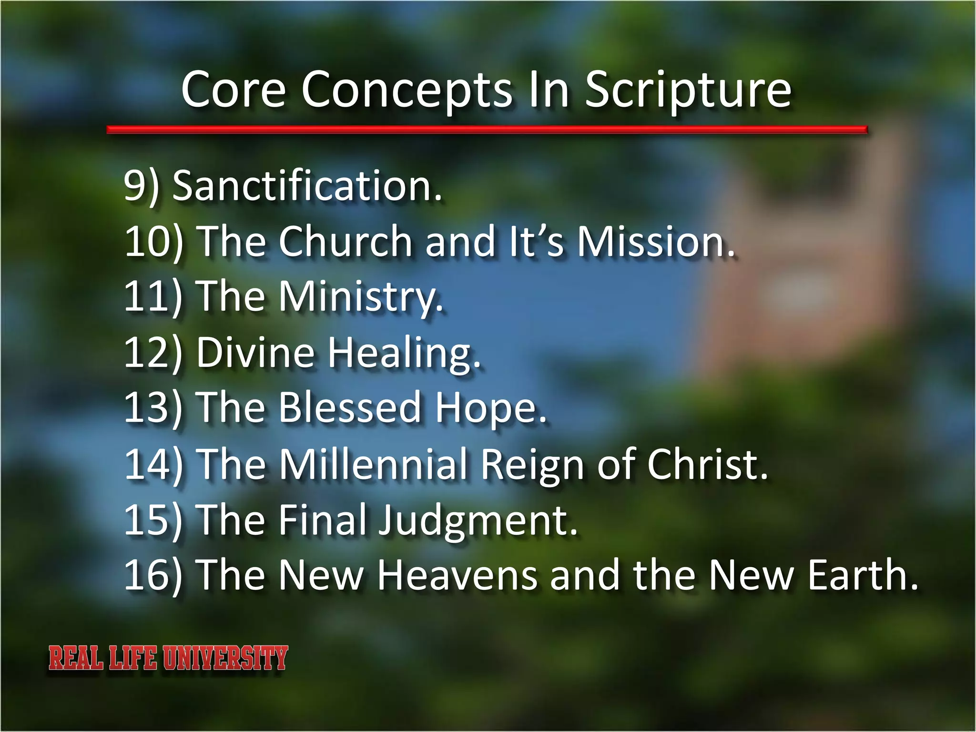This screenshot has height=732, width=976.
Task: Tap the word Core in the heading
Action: click(x=234, y=90)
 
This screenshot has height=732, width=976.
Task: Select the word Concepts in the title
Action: click(x=407, y=91)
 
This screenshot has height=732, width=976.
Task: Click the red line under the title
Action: click(x=486, y=130)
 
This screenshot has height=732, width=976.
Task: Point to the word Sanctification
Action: click(x=307, y=186)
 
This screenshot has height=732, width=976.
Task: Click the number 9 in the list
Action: click(x=135, y=186)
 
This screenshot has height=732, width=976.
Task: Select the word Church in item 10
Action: click(x=345, y=242)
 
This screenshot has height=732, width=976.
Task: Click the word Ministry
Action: click(x=360, y=297)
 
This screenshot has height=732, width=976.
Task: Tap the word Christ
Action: click(x=707, y=464)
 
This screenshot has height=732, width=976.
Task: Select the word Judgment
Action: click(x=477, y=521)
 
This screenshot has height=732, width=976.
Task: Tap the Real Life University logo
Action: click(x=168, y=658)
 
